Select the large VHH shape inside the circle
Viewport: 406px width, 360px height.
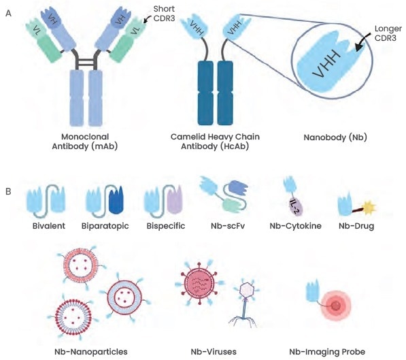pos(326,62)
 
